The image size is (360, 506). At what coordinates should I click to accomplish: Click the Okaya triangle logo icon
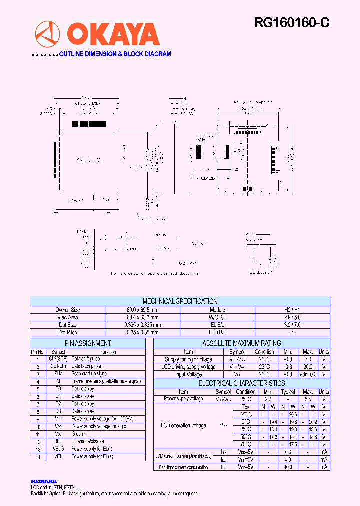(47, 34)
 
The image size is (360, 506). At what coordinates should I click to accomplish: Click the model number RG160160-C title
(292, 22)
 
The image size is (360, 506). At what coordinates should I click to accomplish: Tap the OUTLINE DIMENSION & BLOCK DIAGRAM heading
(115, 54)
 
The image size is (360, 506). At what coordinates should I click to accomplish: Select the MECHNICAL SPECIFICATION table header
(180, 301)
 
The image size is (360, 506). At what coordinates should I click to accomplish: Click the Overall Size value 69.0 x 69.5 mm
(142, 310)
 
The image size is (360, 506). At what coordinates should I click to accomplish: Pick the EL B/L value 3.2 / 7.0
(292, 325)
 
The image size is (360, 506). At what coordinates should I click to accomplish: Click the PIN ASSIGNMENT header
(88, 343)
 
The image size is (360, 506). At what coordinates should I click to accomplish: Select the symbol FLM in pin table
(58, 373)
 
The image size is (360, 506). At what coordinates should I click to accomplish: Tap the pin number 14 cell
(38, 457)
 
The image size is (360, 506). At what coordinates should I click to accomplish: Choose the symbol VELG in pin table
(58, 449)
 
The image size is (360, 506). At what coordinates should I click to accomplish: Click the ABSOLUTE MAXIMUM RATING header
(241, 343)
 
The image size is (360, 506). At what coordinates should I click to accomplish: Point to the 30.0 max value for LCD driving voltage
(308, 367)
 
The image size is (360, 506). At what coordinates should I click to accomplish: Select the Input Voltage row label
(188, 374)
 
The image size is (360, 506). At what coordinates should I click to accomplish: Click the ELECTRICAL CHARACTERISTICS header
(241, 383)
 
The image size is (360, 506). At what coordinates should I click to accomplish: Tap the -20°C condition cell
(246, 414)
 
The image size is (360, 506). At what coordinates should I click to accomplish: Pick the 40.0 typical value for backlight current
(288, 467)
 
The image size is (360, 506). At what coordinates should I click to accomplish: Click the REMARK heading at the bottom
(44, 481)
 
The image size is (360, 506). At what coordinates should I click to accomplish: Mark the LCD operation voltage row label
(183, 425)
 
